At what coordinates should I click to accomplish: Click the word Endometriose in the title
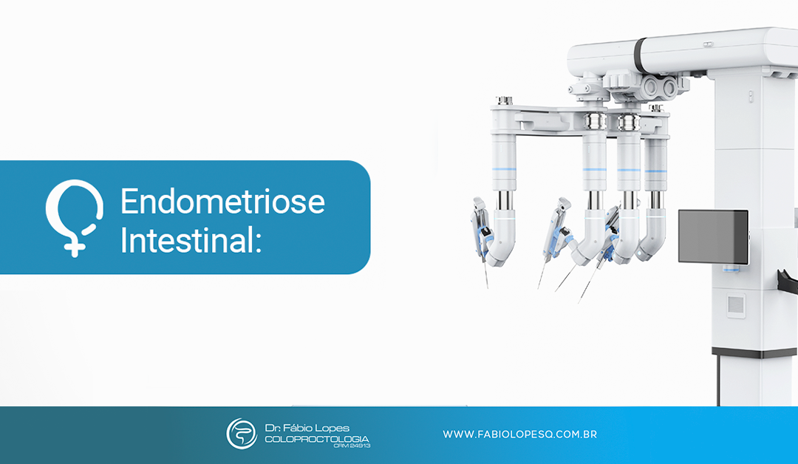(x=222, y=202)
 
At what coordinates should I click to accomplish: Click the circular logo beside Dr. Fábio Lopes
(x=241, y=434)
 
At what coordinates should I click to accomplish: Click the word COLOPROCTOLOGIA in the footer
(x=317, y=439)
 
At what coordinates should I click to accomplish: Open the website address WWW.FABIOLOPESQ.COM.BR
(x=519, y=434)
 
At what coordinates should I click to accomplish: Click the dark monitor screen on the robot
(x=713, y=236)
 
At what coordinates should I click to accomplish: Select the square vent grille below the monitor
(x=735, y=305)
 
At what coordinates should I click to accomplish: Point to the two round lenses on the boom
(x=662, y=87)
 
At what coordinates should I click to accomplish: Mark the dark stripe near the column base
(x=754, y=353)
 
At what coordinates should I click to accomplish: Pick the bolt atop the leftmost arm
(x=505, y=100)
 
